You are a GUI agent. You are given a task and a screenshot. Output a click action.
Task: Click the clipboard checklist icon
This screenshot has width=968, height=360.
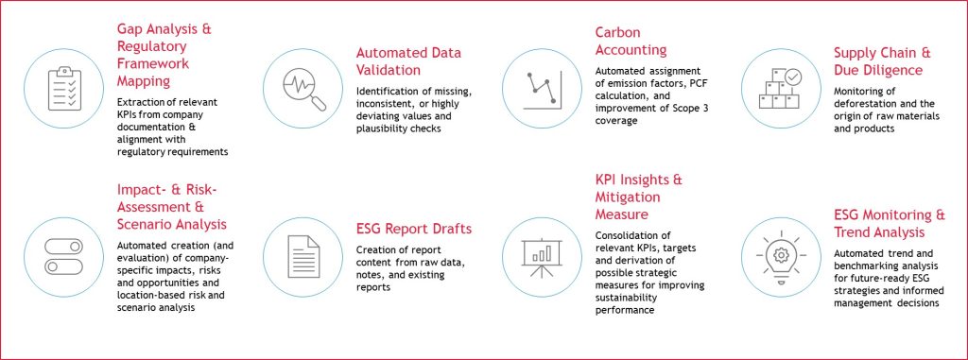tap(64, 88)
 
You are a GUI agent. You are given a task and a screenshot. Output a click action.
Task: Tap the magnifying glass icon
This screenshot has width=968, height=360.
tap(303, 89)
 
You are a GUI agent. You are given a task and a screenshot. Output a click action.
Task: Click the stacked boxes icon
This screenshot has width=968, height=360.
tap(780, 88)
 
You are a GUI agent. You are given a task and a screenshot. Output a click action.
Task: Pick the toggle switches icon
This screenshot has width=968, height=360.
tap(63, 257)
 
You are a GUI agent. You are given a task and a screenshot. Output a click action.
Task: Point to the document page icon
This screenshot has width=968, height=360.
tap(303, 257)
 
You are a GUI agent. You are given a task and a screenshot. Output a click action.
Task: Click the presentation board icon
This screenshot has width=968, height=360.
tap(542, 258)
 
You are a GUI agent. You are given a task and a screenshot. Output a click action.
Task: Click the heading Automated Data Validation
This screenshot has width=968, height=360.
tap(408, 61)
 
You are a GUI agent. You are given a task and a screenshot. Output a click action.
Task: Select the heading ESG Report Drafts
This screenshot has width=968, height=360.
tap(414, 229)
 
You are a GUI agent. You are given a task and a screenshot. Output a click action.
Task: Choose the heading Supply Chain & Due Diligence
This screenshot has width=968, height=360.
tap(882, 61)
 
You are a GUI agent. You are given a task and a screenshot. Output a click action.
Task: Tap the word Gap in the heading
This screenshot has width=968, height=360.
tap(129, 29)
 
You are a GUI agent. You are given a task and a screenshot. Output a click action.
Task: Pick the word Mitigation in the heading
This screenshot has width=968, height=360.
tap(628, 197)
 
